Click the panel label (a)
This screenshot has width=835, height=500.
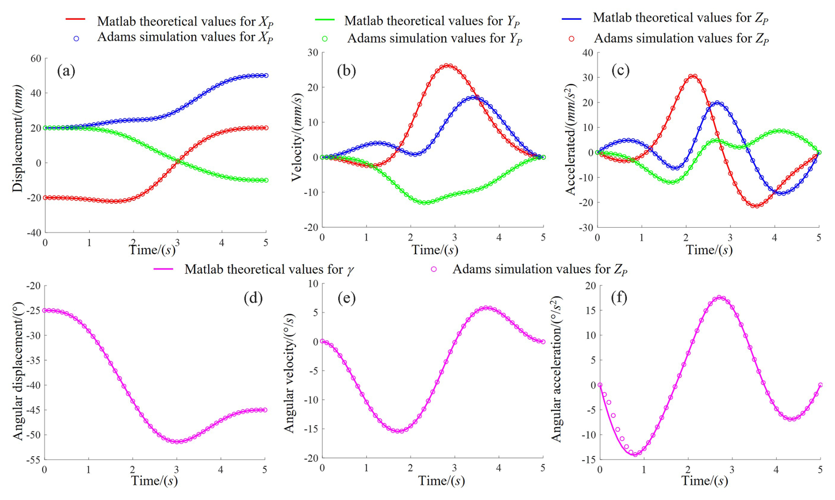[66, 71]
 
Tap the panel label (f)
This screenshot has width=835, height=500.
[619, 298]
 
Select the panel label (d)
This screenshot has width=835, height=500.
[253, 298]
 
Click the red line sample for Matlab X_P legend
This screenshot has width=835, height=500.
[75, 19]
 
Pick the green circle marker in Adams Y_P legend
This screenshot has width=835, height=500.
[325, 39]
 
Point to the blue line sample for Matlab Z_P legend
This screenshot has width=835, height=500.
[571, 19]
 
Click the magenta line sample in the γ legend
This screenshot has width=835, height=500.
[163, 269]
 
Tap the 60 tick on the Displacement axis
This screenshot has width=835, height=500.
[36, 59]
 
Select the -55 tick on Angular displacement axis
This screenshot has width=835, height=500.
[34, 460]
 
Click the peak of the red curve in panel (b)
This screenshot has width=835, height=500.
[448, 65]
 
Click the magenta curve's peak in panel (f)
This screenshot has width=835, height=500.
[719, 297]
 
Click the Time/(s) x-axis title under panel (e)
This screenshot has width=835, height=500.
[441, 481]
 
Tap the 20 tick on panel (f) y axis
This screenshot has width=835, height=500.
[591, 286]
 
